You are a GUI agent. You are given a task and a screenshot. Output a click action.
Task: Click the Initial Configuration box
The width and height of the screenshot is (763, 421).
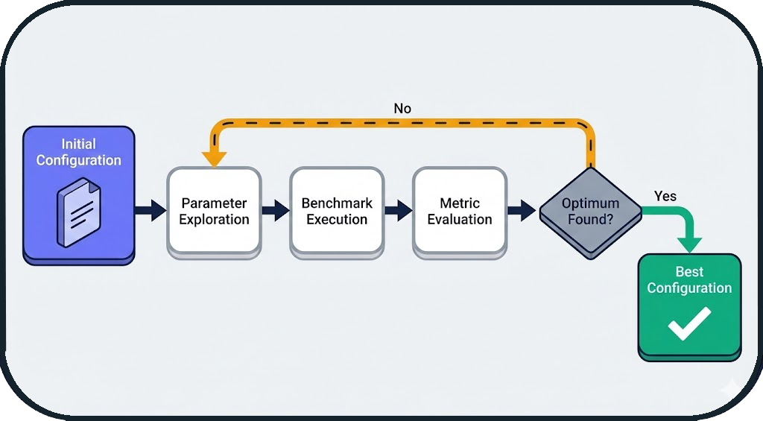[x=79, y=194]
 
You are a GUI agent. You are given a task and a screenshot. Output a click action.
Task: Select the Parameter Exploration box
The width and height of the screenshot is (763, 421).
[x=215, y=212]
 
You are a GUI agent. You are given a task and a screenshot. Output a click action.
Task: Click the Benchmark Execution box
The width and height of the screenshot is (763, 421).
[x=337, y=212]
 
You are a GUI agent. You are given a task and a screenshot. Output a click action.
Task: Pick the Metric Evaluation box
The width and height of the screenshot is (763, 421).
[x=460, y=212]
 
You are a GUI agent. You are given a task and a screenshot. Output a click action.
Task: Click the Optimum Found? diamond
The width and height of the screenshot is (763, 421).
[x=590, y=212]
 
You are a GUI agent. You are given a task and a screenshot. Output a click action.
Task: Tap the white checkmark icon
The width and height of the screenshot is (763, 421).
[x=688, y=324]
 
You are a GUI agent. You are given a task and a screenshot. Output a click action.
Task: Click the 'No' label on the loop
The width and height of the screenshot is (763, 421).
[x=402, y=109]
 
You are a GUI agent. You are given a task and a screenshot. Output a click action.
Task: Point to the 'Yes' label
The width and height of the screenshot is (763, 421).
[x=665, y=196]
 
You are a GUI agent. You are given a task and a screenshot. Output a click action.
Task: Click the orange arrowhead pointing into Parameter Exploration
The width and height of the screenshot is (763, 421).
[x=215, y=159]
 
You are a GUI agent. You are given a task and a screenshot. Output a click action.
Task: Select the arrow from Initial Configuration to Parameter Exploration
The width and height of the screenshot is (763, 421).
[x=151, y=211]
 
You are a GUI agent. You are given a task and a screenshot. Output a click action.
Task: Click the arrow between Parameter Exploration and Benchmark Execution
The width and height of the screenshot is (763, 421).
[x=276, y=211]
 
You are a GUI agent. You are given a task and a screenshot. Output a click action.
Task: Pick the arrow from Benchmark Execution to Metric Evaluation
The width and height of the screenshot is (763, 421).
[x=399, y=211]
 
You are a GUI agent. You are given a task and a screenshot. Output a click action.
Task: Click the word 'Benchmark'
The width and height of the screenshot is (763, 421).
[x=337, y=203]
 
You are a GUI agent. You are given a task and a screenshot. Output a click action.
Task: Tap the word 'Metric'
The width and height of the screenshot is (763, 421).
[x=460, y=203]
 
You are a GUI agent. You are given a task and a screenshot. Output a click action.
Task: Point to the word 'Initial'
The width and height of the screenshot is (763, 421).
[x=79, y=144]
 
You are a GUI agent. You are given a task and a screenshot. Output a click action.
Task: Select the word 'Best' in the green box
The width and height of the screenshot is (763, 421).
[x=689, y=272]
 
